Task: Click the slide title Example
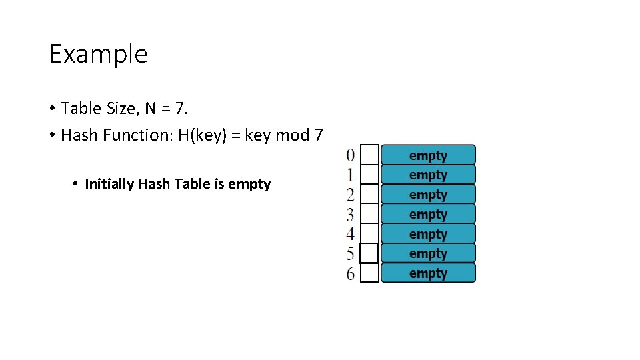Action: (98, 54)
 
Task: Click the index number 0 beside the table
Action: (351, 155)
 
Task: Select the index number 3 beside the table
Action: (351, 215)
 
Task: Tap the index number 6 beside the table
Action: (351, 273)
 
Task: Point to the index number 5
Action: (351, 254)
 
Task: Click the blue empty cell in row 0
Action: (428, 155)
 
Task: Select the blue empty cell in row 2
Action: (428, 195)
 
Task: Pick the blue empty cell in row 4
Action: (428, 234)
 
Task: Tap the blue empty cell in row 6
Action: (428, 273)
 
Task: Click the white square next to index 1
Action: (369, 175)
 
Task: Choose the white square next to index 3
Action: (369, 215)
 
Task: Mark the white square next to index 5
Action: (369, 254)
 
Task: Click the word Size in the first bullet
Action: (117, 108)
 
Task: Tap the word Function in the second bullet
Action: (137, 135)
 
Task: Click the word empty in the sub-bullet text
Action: (249, 185)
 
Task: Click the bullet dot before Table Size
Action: (52, 109)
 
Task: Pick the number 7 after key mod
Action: (318, 135)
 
